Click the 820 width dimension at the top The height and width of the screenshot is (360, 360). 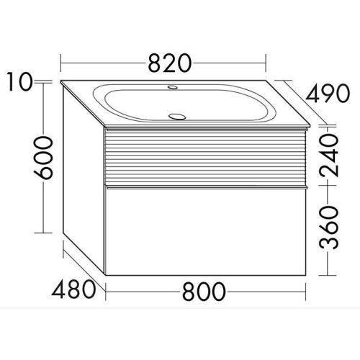point(170,63)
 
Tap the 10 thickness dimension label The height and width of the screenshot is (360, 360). point(19,81)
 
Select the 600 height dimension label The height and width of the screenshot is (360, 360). point(43,158)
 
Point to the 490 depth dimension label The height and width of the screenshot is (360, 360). point(328,94)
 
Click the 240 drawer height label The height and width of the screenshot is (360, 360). point(329,156)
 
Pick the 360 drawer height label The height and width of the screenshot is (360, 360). point(329,227)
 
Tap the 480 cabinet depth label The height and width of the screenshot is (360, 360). point(73,289)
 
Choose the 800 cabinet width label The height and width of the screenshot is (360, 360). point(204,292)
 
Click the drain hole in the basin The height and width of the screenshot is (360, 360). point(177,117)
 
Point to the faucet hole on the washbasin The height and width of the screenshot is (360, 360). point(173,87)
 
